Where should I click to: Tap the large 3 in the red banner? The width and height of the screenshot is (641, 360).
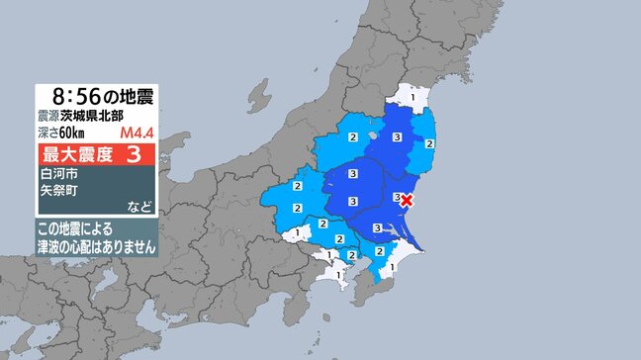133,154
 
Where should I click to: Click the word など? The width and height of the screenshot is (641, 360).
140,207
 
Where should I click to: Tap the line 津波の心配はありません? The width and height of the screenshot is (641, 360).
97,247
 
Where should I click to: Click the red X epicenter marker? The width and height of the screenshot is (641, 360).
406,201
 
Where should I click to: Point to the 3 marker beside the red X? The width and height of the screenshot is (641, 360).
396,198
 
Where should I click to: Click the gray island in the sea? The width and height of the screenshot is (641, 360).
259,97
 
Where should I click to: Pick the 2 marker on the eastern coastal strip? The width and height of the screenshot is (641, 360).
427,144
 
